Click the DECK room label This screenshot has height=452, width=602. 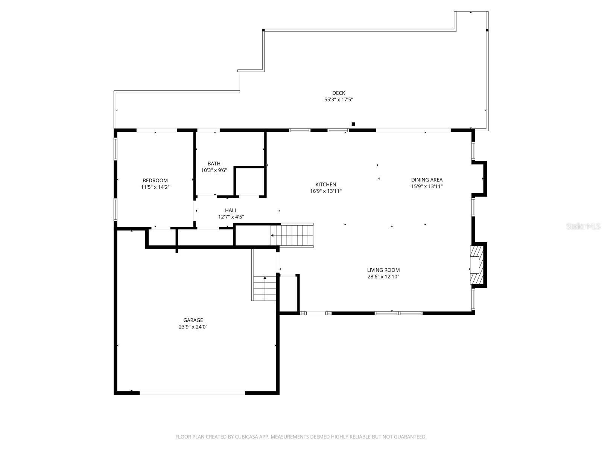pyautogui.click(x=338, y=93)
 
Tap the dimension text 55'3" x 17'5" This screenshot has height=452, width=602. pyautogui.click(x=338, y=100)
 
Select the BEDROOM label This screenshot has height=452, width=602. pyautogui.click(x=155, y=180)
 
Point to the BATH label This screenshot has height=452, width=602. pyautogui.click(x=214, y=163)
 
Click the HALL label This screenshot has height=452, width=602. pyautogui.click(x=231, y=210)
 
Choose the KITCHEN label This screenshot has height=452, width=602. pyautogui.click(x=325, y=184)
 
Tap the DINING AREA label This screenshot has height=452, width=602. pyautogui.click(x=427, y=180)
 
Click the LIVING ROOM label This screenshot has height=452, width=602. pyautogui.click(x=383, y=270)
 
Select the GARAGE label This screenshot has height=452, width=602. pyautogui.click(x=193, y=320)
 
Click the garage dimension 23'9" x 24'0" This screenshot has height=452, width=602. pyautogui.click(x=193, y=327)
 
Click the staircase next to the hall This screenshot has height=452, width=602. pyautogui.click(x=293, y=235)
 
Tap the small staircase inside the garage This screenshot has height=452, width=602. pyautogui.click(x=265, y=288)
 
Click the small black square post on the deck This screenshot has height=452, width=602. pyautogui.click(x=353, y=124)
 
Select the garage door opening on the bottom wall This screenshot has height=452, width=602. pyautogui.click(x=192, y=392)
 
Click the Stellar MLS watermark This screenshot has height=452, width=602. pyautogui.click(x=584, y=226)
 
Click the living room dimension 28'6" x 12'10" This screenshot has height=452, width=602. pyautogui.click(x=383, y=276)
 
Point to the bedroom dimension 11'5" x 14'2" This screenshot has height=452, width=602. pyautogui.click(x=155, y=187)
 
